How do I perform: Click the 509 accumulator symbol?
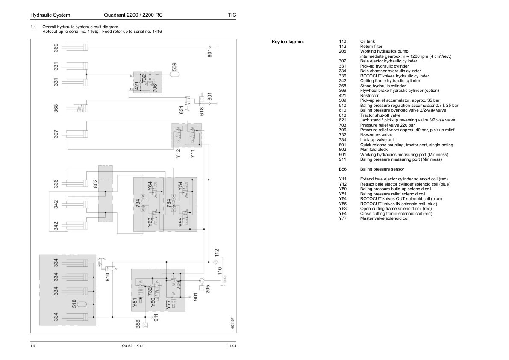174,74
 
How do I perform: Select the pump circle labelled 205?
201,280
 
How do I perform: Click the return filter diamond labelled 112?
215,262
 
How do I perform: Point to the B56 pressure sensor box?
145,325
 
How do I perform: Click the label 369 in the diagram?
56,48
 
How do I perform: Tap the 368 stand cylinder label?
56,109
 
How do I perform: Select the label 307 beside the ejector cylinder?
56,134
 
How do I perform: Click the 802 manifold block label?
95,184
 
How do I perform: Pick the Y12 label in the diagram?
178,153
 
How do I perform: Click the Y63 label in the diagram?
150,222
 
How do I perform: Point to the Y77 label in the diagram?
168,304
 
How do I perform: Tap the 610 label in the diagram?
108,277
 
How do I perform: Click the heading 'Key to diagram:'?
288,41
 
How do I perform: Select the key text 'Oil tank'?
368,41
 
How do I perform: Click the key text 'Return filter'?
371,47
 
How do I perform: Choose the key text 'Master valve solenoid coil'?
385,218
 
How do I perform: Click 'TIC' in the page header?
232,15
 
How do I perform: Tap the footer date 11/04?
232,346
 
